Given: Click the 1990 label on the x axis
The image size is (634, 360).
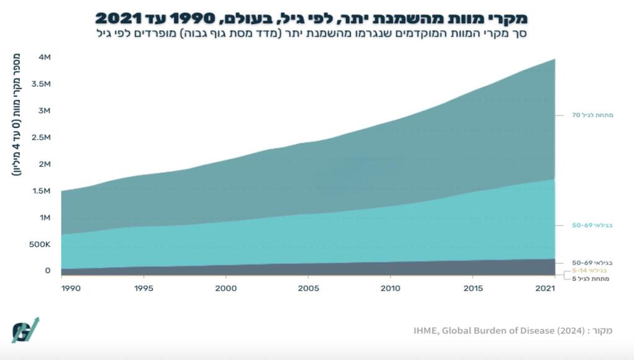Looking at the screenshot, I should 70,288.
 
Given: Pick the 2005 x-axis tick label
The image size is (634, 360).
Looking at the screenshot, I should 308,288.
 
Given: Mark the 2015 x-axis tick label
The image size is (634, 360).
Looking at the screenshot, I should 473,288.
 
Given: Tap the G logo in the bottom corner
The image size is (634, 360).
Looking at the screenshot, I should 25,330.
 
